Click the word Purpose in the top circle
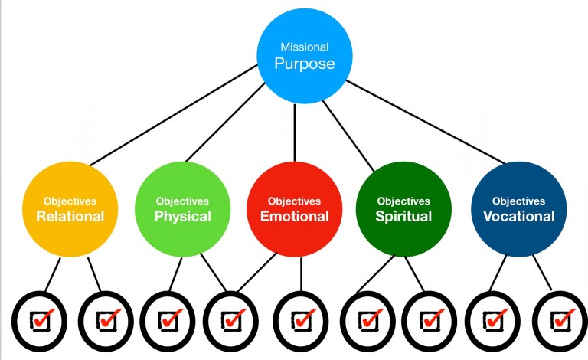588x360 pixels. tap(304, 64)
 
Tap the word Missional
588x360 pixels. tap(304, 47)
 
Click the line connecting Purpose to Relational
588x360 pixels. tap(176, 115)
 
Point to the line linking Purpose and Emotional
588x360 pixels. tap(296, 130)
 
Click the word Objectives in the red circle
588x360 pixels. tap(294, 201)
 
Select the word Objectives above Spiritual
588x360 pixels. tap(403, 201)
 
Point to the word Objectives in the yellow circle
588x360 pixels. tap(70, 201)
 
